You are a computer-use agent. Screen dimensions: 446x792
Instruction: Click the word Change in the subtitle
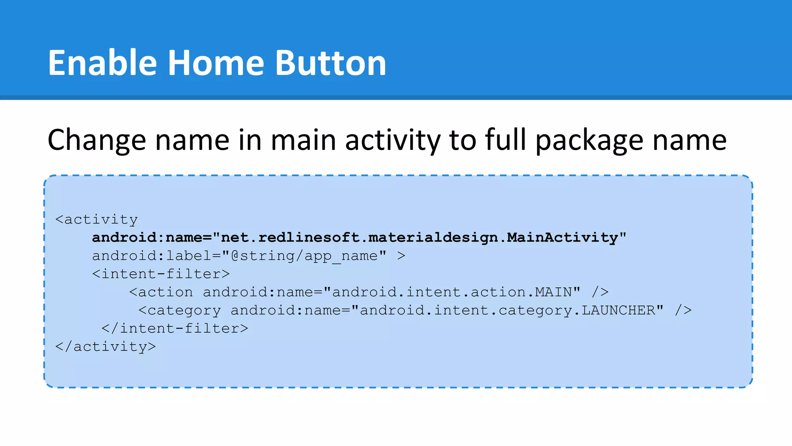(x=97, y=140)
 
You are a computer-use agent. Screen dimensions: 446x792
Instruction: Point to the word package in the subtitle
(x=589, y=140)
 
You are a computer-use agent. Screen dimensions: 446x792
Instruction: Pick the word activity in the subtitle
(x=392, y=140)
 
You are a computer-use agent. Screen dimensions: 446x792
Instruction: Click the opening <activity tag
(x=97, y=220)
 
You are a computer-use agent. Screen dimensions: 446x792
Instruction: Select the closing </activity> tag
(x=106, y=347)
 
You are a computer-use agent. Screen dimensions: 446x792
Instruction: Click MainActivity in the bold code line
(x=562, y=237)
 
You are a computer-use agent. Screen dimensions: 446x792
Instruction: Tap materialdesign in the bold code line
(x=433, y=237)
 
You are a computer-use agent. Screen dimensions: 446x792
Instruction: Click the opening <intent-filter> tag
(x=161, y=274)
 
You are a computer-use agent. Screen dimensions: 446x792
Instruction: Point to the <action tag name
(x=161, y=292)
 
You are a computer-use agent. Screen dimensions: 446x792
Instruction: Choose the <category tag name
(x=180, y=310)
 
